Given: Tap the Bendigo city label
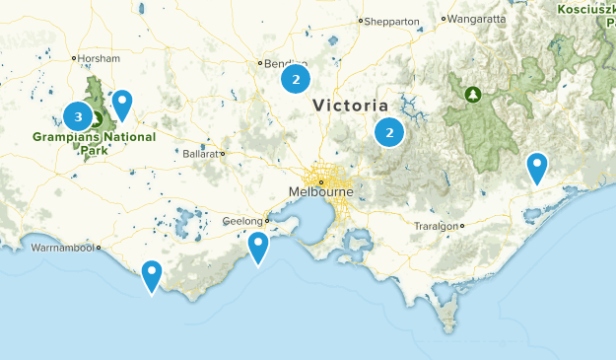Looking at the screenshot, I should pyautogui.click(x=279, y=64).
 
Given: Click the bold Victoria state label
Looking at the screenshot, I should pyautogui.click(x=350, y=105).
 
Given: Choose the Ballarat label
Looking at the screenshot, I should pyautogui.click(x=202, y=154).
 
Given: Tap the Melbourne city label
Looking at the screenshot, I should pyautogui.click(x=319, y=191).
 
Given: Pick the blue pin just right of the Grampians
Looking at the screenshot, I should pyautogui.click(x=122, y=103).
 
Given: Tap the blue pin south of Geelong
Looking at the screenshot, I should pyautogui.click(x=258, y=246).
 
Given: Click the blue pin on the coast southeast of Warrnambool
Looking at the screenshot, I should pyautogui.click(x=152, y=273).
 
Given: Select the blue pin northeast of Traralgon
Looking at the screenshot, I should pyautogui.click(x=537, y=166).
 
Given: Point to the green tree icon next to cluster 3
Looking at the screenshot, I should pyautogui.click(x=97, y=118).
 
